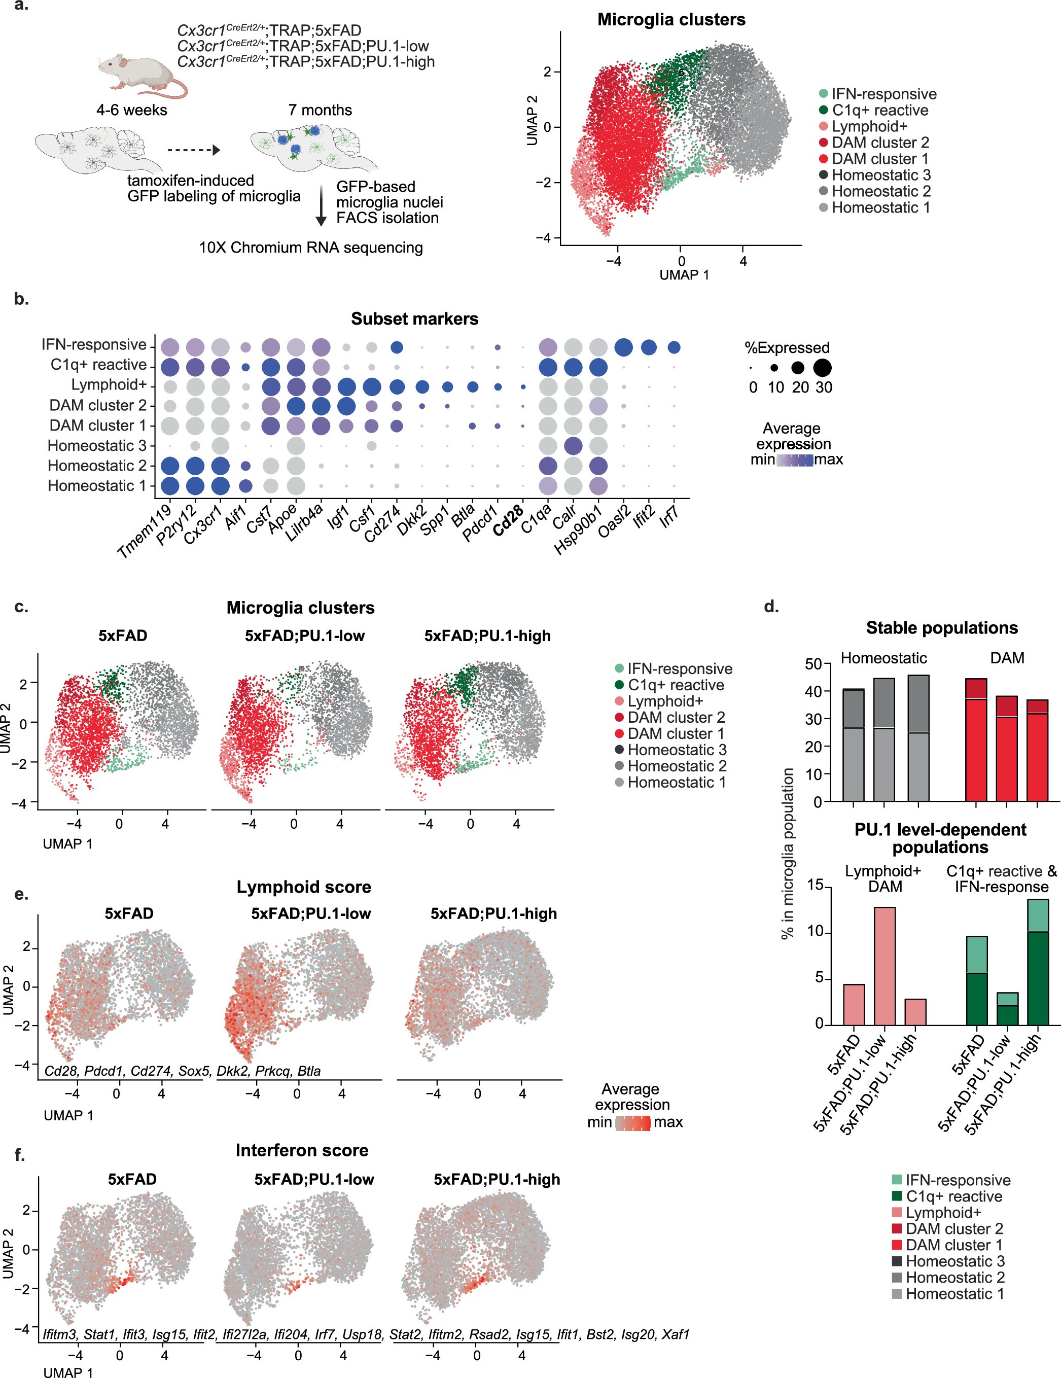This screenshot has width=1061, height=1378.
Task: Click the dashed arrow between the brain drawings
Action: [194, 150]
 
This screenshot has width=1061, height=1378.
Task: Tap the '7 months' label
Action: [320, 111]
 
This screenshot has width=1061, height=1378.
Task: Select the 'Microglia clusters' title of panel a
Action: [670, 20]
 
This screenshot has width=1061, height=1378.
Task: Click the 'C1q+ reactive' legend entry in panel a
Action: [879, 111]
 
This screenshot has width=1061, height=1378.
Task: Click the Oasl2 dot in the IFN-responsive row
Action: [623, 347]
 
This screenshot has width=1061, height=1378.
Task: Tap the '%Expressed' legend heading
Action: [787, 347]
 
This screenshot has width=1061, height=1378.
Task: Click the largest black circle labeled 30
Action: [822, 367]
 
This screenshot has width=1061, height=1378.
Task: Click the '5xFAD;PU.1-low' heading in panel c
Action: [305, 635]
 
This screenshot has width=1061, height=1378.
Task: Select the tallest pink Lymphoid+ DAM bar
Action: [884, 965]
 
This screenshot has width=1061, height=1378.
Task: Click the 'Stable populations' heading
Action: [941, 628]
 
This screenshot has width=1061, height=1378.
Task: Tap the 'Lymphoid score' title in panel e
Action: [303, 887]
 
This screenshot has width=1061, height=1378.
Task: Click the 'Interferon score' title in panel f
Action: [302, 1150]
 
